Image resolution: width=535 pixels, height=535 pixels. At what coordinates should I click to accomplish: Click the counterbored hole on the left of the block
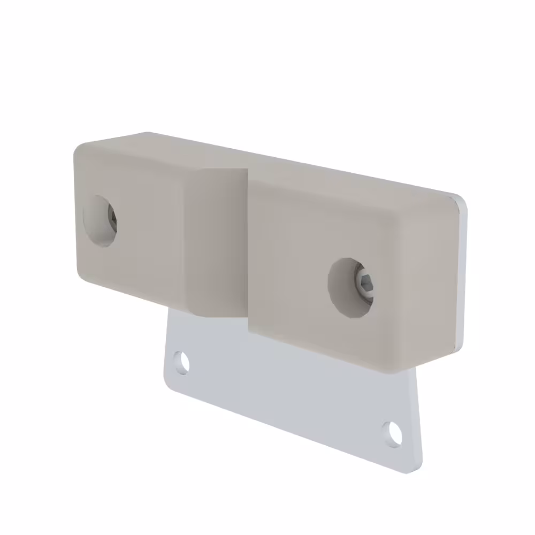point(100,220)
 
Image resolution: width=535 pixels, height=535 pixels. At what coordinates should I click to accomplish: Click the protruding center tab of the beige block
point(217,243)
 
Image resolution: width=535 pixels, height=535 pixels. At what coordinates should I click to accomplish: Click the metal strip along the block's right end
point(462,273)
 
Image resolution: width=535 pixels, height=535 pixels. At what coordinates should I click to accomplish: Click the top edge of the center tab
point(222,170)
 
